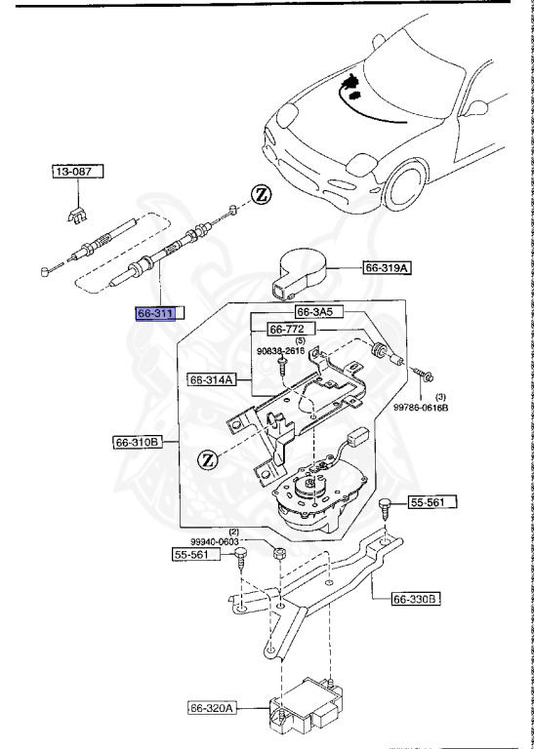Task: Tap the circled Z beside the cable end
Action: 261,194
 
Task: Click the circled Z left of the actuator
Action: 207,458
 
